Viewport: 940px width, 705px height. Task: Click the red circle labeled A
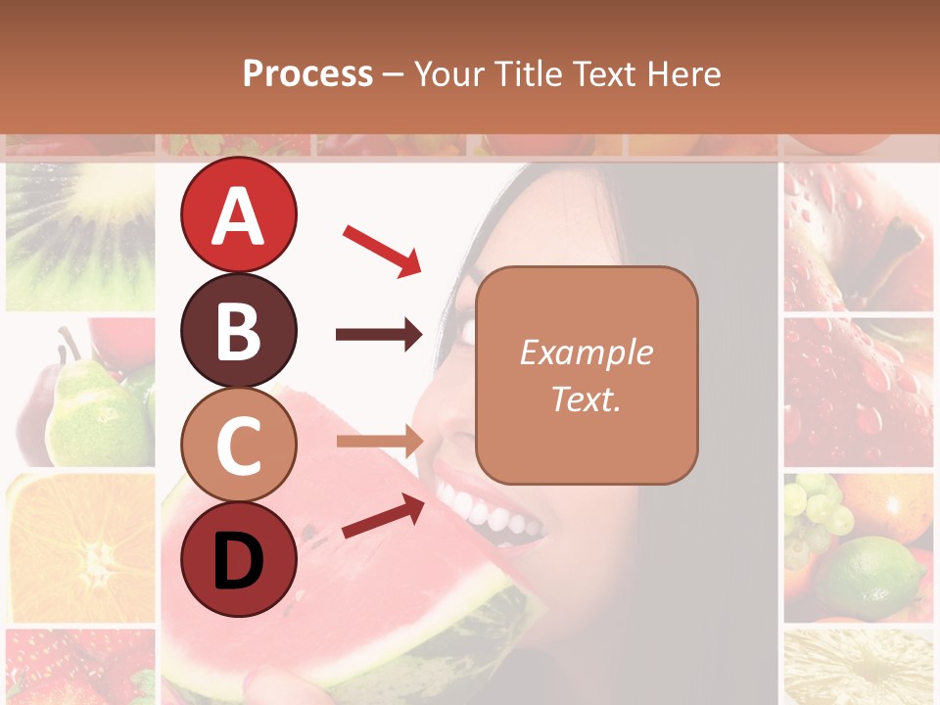tap(238, 215)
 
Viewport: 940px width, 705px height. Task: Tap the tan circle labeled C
tap(238, 445)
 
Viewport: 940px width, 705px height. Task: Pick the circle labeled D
tap(238, 559)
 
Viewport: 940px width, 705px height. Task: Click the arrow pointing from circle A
tap(382, 251)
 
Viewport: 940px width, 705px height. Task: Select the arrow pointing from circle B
tap(378, 335)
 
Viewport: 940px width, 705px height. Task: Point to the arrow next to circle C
tap(379, 442)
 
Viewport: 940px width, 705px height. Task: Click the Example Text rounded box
tap(587, 375)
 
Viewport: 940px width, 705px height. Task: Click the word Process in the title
tap(307, 73)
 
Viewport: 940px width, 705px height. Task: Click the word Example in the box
tap(586, 352)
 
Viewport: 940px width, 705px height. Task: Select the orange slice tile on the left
tap(80, 548)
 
